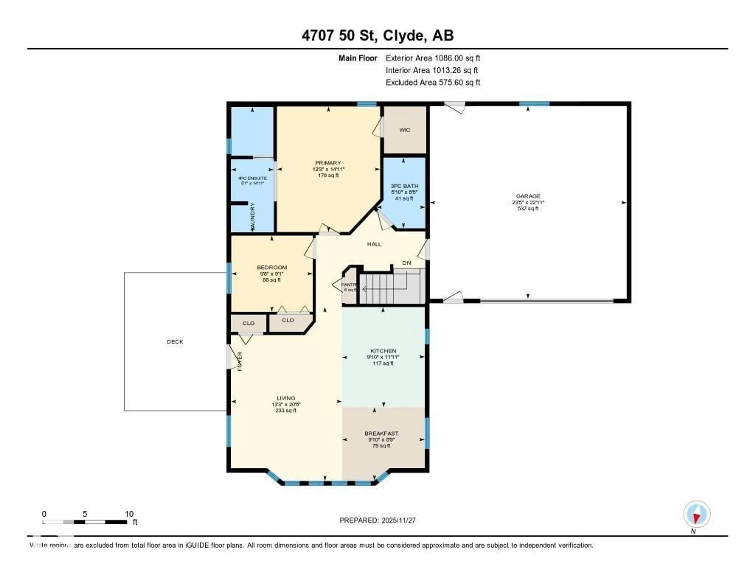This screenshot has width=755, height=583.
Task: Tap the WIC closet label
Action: [404, 130]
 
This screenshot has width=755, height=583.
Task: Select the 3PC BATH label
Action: [404, 186]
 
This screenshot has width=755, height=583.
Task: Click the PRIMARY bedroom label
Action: [328, 163]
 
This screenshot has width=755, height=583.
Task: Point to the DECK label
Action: [175, 341]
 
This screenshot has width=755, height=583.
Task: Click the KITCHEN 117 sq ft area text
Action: [383, 363]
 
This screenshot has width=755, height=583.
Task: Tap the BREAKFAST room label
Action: [381, 433]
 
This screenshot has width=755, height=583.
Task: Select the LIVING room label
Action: [286, 398]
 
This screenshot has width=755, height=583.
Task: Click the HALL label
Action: [374, 244]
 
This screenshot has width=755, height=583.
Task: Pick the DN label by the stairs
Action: [407, 263]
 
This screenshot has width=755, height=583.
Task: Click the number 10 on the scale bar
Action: [129, 514]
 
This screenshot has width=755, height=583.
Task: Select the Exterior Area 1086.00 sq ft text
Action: [433, 58]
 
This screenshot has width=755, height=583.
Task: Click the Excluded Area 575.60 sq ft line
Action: [433, 82]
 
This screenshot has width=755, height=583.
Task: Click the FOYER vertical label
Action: [239, 361]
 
